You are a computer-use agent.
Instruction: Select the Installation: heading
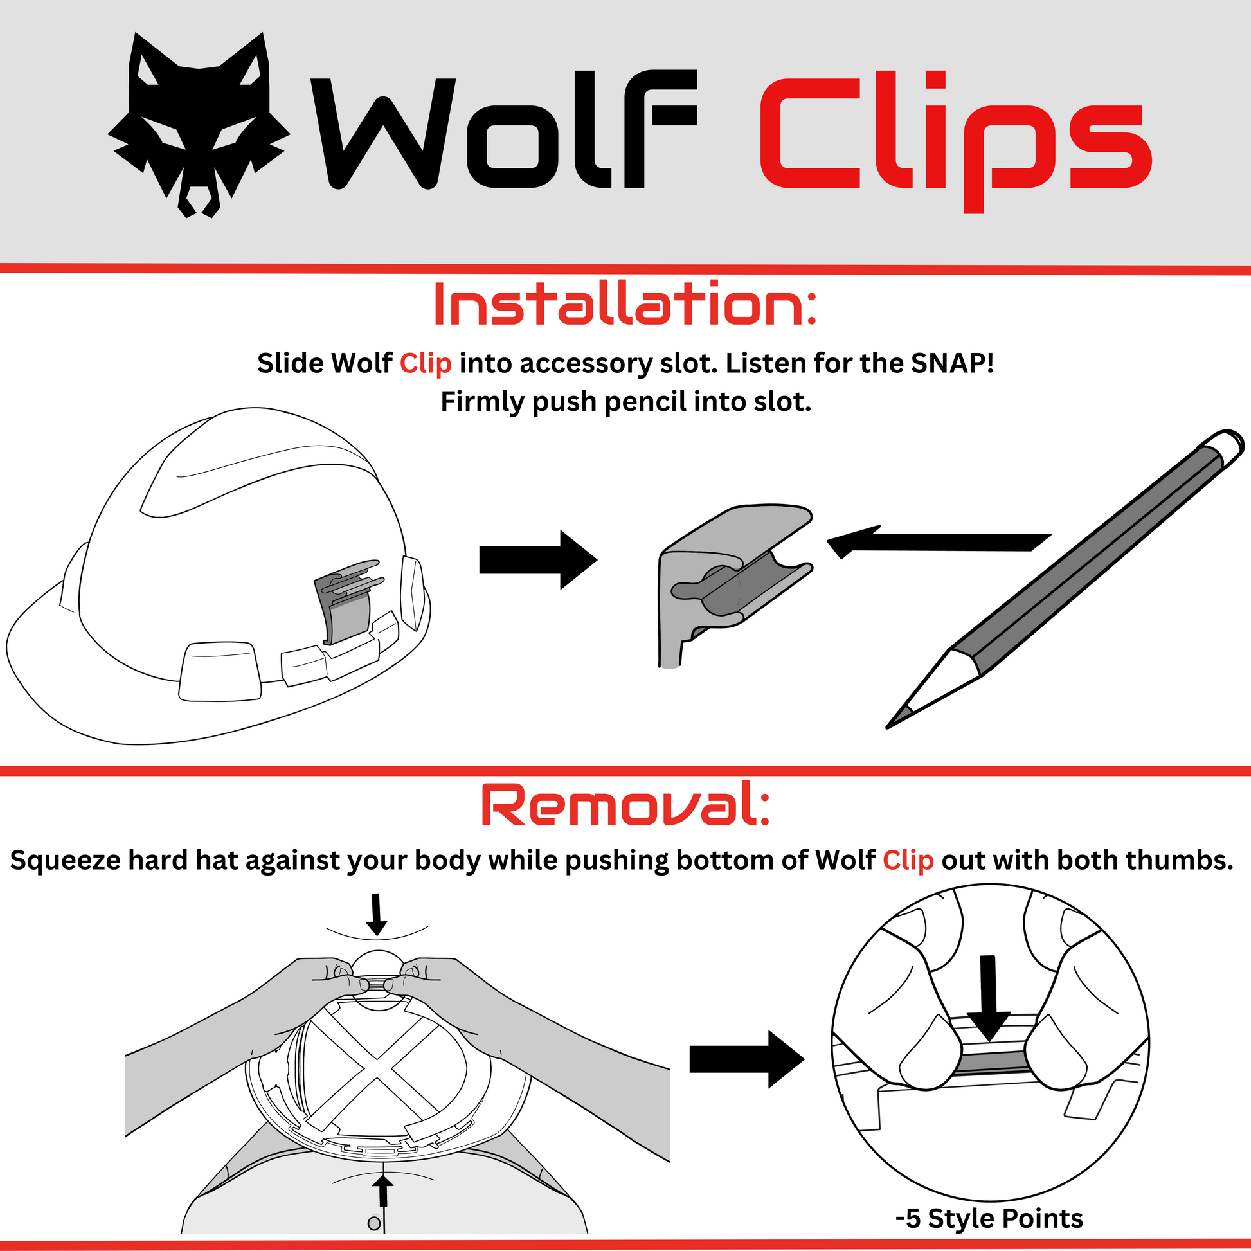click(x=625, y=303)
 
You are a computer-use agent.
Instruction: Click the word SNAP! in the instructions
click(x=953, y=363)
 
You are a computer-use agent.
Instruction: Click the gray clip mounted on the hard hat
click(x=345, y=602)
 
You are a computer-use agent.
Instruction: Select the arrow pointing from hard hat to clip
click(x=537, y=559)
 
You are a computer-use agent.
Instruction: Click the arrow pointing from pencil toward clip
click(x=939, y=541)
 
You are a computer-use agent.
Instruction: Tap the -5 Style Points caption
click(x=989, y=1219)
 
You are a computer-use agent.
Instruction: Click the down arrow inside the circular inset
click(x=987, y=998)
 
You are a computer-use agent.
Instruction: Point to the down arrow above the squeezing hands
click(x=377, y=914)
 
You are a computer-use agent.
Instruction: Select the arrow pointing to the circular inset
click(x=746, y=1059)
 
